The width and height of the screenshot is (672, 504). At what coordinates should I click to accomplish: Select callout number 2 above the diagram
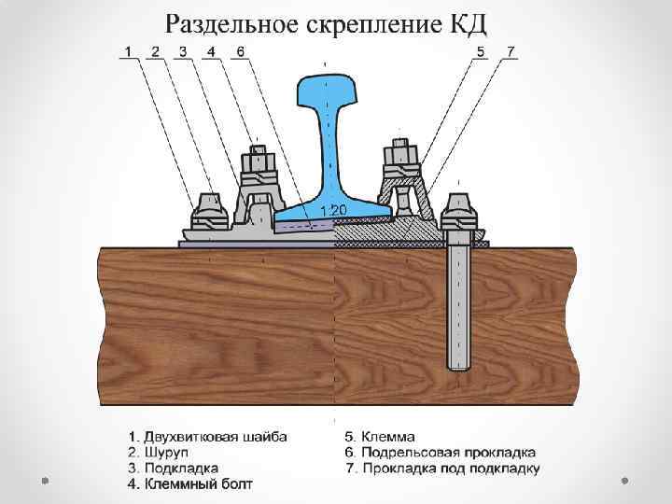pos(155,50)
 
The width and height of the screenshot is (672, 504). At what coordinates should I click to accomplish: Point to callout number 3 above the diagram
pos(183,50)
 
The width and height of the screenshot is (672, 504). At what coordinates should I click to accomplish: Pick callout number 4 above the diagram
pos(211,50)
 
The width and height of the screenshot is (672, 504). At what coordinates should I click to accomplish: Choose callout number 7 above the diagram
pos(510,50)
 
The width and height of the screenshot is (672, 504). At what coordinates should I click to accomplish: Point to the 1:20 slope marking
pos(334,209)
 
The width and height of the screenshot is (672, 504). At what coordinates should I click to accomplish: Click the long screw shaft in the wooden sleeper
pos(458,308)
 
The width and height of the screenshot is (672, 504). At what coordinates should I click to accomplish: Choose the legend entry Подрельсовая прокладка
pos(439,452)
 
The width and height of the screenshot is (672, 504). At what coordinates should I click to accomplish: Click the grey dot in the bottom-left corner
pos(44,482)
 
